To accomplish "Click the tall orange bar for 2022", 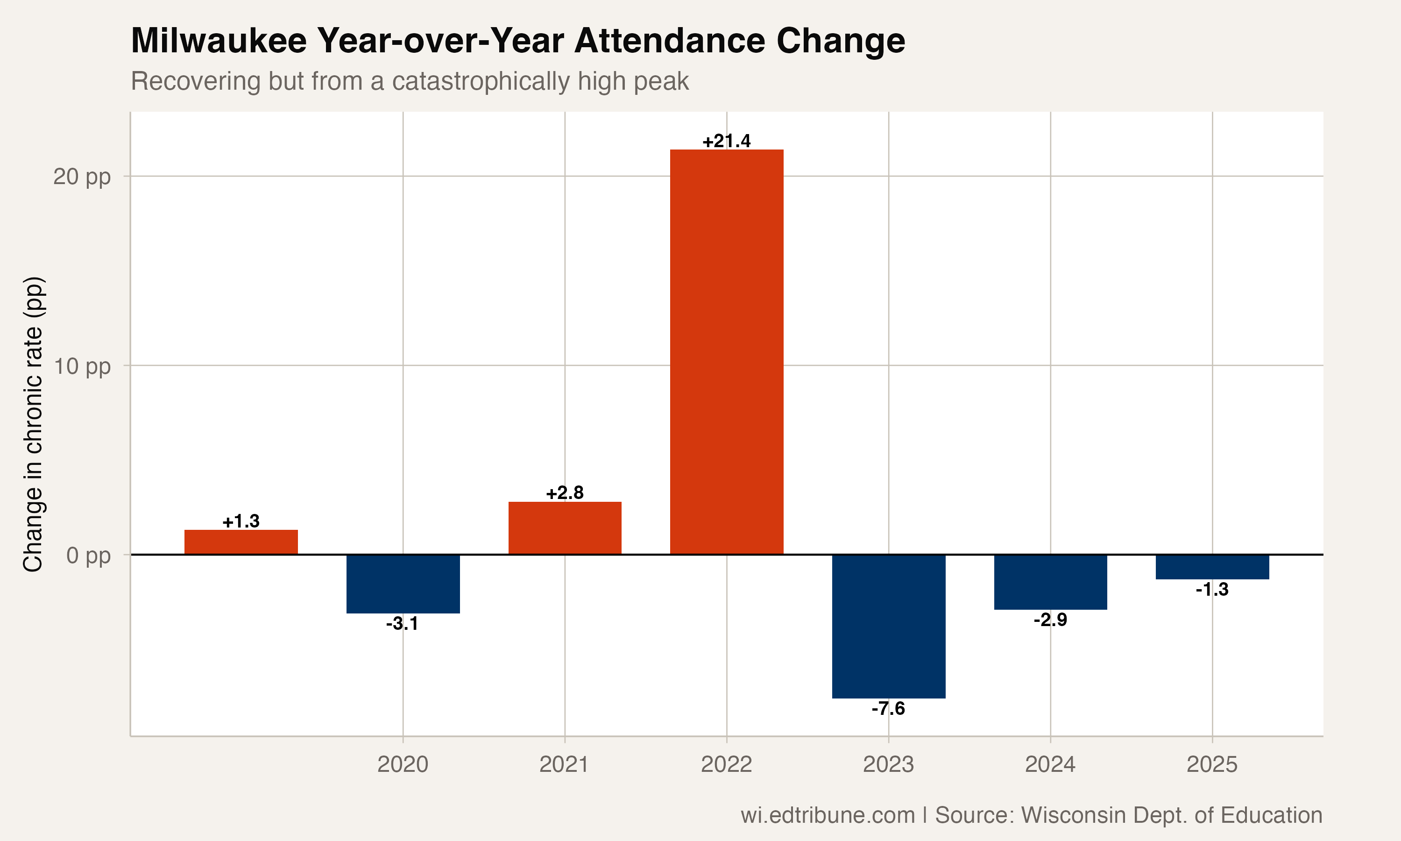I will pyautogui.click(x=727, y=351).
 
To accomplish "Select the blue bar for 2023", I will pyautogui.click(x=889, y=626).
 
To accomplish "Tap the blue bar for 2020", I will pyautogui.click(x=403, y=584).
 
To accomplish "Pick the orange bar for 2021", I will pyautogui.click(x=565, y=528).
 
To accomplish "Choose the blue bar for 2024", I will pyautogui.click(x=1050, y=582).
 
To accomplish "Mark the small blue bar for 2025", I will pyautogui.click(x=1212, y=567).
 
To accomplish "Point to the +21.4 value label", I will pyautogui.click(x=727, y=141).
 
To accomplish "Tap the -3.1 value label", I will pyautogui.click(x=402, y=624).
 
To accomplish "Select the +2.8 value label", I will pyautogui.click(x=565, y=492).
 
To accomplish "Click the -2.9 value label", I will pyautogui.click(x=1050, y=620).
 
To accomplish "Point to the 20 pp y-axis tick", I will pyautogui.click(x=82, y=177).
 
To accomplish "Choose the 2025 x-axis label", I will pyautogui.click(x=1212, y=764).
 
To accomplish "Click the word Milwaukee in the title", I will pyautogui.click(x=219, y=41).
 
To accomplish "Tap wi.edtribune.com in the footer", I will pyautogui.click(x=828, y=815).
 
